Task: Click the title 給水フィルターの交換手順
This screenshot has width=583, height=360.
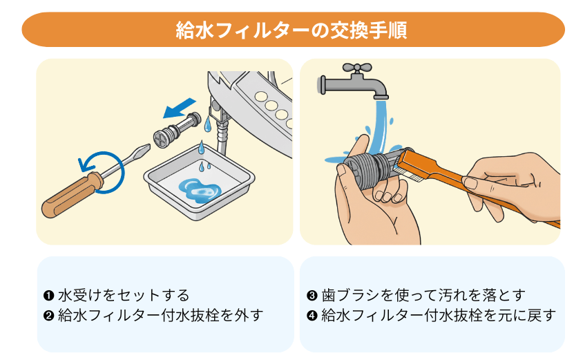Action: (x=291, y=30)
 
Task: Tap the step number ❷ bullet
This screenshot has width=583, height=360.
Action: (x=48, y=316)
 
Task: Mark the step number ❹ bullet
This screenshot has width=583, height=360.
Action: (x=312, y=316)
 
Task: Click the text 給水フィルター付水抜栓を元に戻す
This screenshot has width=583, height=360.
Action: (x=439, y=316)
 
